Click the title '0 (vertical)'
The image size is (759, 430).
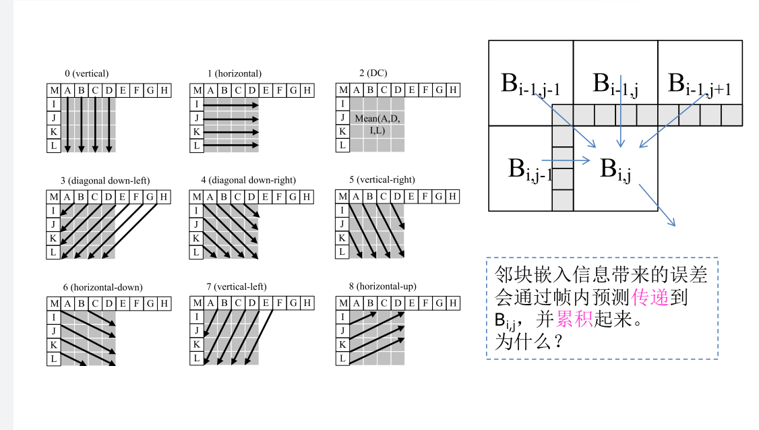86,73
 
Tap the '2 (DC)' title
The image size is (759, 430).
373,73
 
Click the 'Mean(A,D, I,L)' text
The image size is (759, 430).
377,125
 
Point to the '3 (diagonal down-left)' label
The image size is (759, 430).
104,181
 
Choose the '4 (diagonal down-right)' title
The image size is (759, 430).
248,180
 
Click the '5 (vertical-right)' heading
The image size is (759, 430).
382,180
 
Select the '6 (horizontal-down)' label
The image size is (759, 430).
102,287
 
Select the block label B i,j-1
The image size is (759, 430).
530,169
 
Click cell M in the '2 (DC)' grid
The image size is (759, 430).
342,90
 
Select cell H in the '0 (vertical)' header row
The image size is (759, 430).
164,90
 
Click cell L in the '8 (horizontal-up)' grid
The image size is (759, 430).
342,359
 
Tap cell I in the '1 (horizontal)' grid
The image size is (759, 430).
197,104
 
